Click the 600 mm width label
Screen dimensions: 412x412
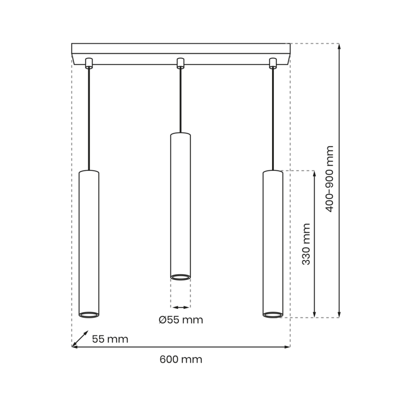[x=181, y=359]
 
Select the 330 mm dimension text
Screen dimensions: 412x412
[x=307, y=244]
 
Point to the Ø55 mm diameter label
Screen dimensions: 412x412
[x=180, y=320]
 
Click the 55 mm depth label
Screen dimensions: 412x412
[x=110, y=339]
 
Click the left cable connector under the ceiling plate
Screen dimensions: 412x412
[x=88, y=63]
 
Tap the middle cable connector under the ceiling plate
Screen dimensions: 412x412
[x=180, y=63]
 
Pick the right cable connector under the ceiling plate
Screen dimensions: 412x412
[x=272, y=63]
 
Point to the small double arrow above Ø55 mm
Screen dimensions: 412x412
[x=180, y=307]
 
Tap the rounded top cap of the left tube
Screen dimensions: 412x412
[x=89, y=171]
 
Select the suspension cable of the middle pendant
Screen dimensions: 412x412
[x=180, y=100]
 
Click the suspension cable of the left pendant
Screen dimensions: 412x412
[x=89, y=119]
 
